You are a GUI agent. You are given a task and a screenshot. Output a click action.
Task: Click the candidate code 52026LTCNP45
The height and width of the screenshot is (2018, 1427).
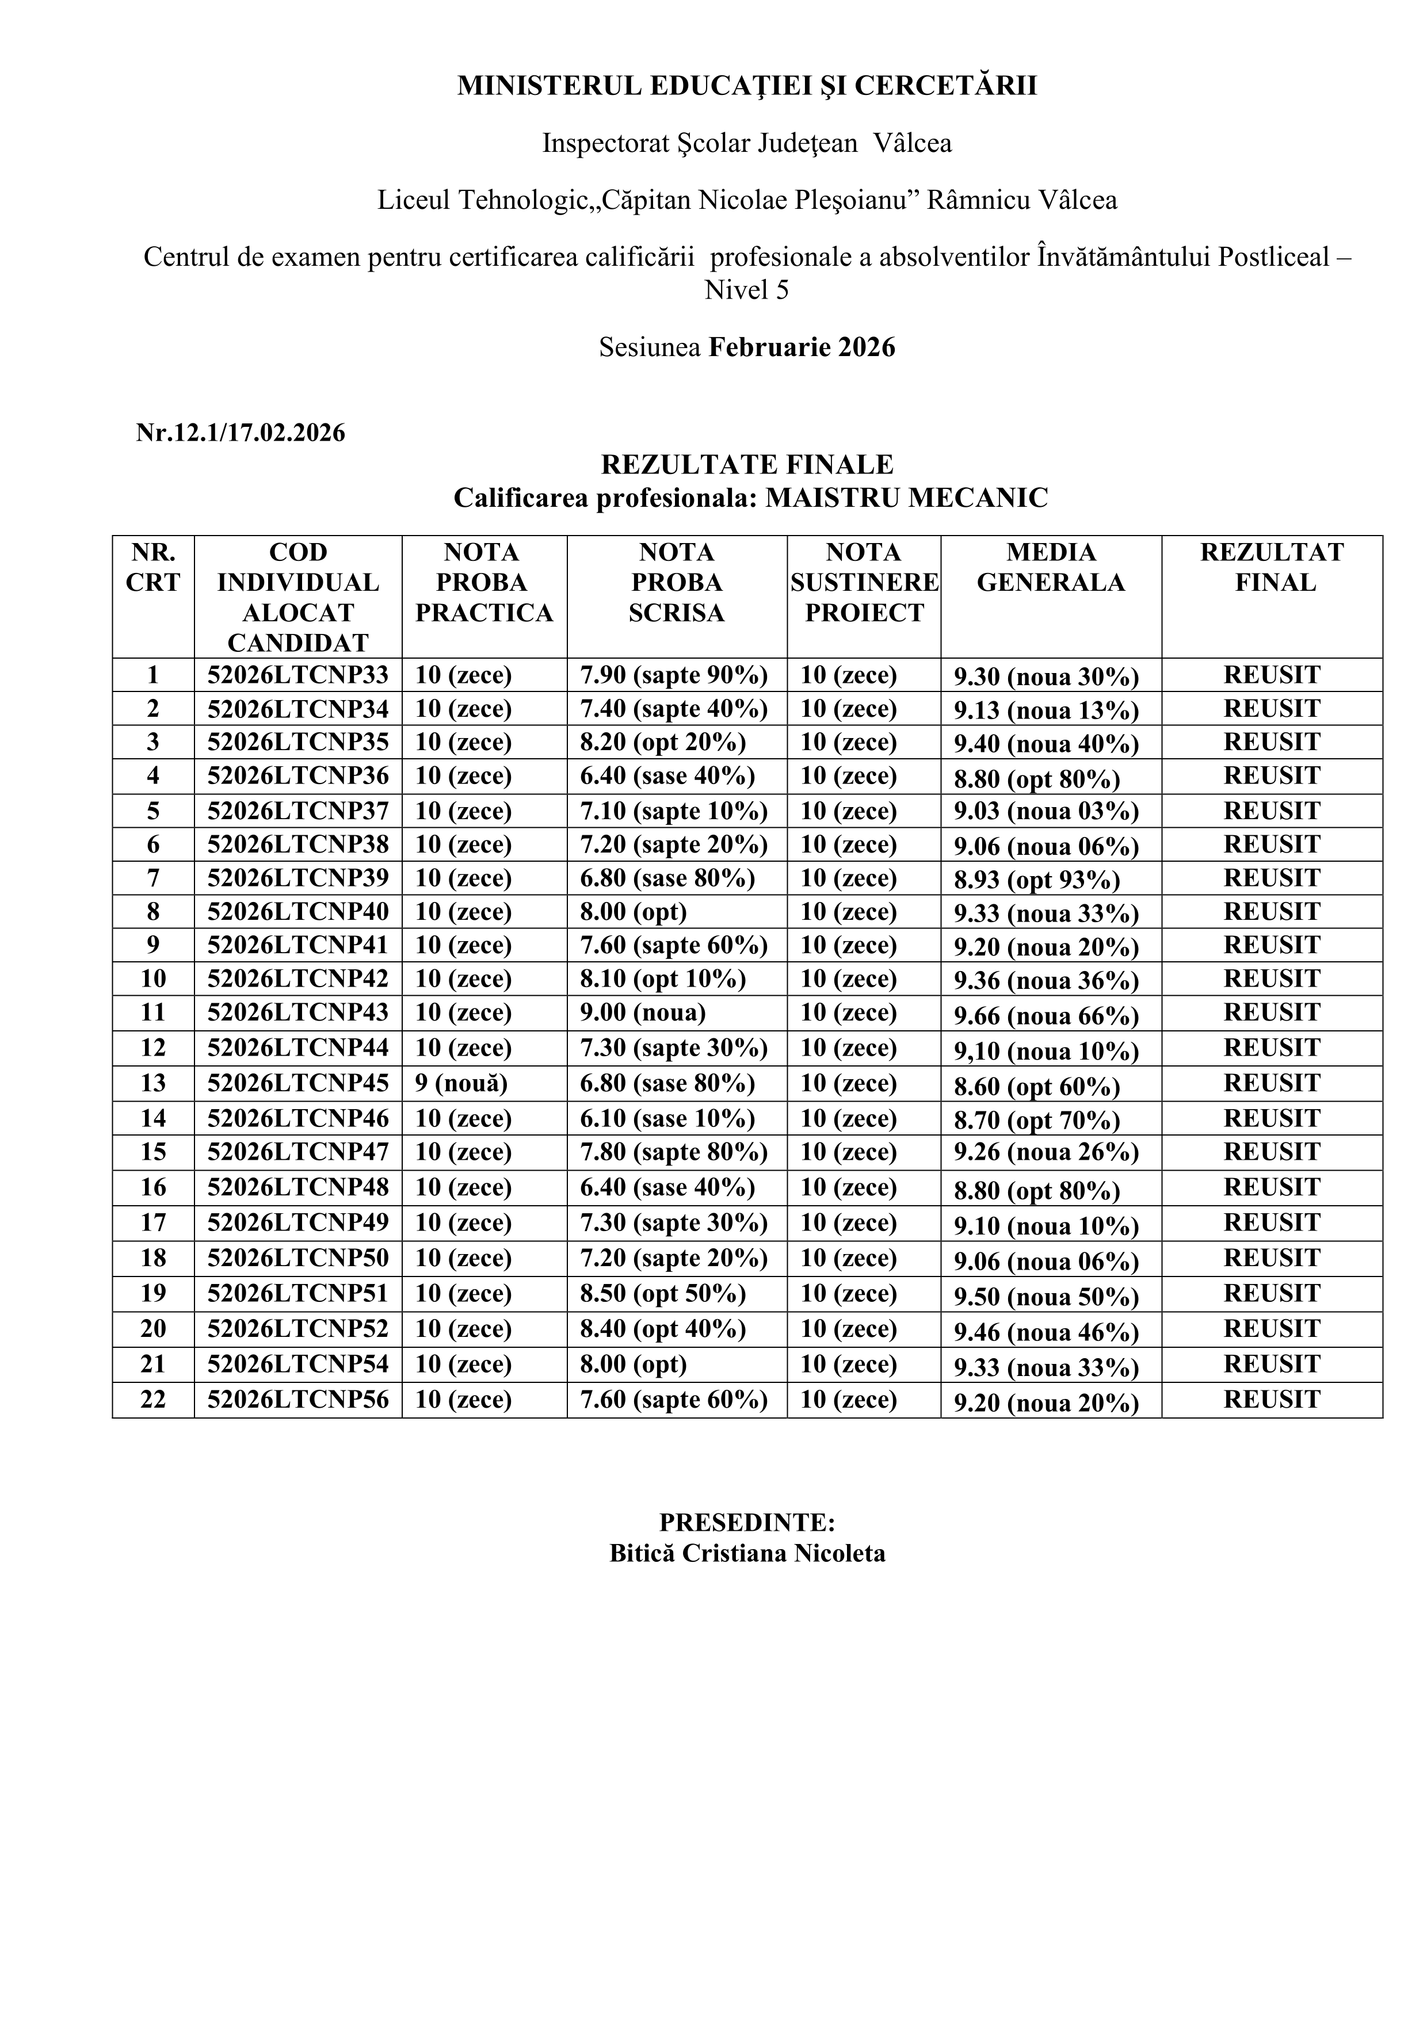click(x=298, y=1083)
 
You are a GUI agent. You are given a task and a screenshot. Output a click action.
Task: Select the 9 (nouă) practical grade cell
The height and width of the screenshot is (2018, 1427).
click(x=461, y=1083)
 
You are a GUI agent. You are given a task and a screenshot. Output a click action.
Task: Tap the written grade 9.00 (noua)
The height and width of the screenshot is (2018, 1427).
click(x=643, y=1012)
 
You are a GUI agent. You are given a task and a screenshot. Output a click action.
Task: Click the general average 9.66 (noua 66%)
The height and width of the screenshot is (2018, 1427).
click(x=1046, y=1016)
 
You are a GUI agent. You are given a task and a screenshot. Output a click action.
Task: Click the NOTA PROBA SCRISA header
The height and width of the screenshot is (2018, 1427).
click(x=676, y=583)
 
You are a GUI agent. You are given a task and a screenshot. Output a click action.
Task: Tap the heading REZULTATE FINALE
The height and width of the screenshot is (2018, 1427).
click(x=746, y=464)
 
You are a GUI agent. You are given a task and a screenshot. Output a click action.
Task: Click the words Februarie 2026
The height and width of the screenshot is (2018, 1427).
click(x=802, y=347)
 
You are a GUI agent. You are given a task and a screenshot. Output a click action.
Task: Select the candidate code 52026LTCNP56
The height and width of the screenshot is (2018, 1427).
click(x=298, y=1399)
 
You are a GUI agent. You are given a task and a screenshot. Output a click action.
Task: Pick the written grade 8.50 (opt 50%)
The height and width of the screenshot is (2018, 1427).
click(x=663, y=1294)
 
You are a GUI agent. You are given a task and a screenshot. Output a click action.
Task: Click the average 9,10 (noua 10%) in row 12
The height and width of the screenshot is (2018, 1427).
click(x=1046, y=1051)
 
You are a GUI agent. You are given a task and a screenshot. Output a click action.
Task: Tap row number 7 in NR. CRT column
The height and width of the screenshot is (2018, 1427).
click(x=153, y=878)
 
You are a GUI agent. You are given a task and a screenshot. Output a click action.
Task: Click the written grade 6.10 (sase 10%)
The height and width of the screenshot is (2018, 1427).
click(x=667, y=1118)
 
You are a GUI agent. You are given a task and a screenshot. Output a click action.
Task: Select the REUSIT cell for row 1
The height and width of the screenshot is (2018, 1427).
click(x=1272, y=675)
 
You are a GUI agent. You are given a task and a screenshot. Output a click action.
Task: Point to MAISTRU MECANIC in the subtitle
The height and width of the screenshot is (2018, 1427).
click(x=906, y=498)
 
